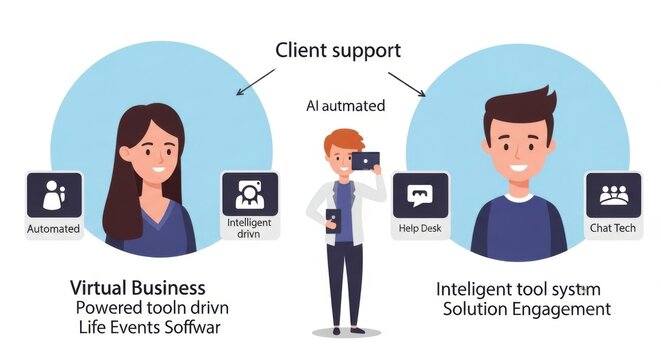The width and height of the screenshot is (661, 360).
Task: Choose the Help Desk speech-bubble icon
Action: point(419,195)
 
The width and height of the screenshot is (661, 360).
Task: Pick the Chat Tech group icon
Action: point(611,195)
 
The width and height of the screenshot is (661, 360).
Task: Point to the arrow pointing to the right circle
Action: point(406,83)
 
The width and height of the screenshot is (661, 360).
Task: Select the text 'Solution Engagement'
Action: point(526,309)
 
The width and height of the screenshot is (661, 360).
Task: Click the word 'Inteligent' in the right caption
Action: point(472,288)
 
